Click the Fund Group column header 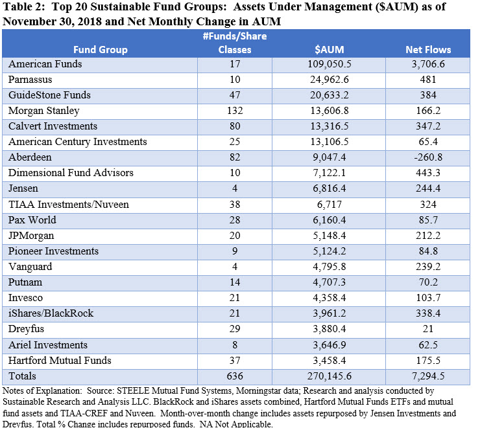(x=101, y=50)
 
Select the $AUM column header (x=329, y=50)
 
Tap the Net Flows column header (x=428, y=50)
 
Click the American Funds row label (x=45, y=64)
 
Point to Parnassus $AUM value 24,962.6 (x=329, y=80)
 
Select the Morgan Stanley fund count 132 (x=235, y=111)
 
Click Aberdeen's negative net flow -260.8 (x=428, y=157)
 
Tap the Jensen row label (x=23, y=188)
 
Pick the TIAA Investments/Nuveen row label (x=69, y=205)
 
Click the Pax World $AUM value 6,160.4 (x=329, y=220)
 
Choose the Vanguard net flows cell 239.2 (x=428, y=267)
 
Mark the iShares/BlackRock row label (x=51, y=313)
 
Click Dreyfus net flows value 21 (x=428, y=329)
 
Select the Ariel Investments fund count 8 (x=235, y=345)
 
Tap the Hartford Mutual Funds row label (x=60, y=361)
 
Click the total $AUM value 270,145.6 (x=329, y=376)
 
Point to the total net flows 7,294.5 (x=428, y=376)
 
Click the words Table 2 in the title (x=22, y=6)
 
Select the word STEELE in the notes (x=131, y=391)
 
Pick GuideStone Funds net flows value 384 (x=428, y=95)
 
